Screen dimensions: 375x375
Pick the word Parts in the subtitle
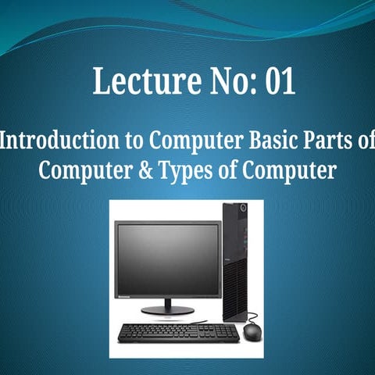pyautogui.click(x=327, y=141)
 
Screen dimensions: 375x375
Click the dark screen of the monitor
pyautogui.click(x=167, y=259)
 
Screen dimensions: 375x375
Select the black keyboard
pyautogui.click(x=178, y=332)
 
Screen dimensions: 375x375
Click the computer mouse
pyautogui.click(x=252, y=331)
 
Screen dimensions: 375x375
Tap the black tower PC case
pyautogui.click(x=234, y=262)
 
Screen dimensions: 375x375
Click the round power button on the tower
pyautogui.click(x=243, y=209)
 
